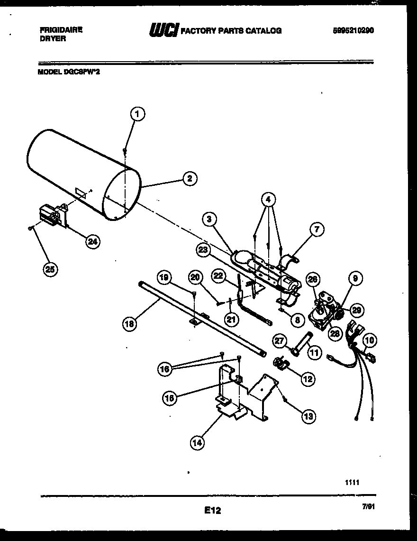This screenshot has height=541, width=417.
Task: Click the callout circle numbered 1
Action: coord(137,114)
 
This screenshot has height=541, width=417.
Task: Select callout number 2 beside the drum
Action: coord(189,179)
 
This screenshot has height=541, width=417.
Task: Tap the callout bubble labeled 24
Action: coord(92,241)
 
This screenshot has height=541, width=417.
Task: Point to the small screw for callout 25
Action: coord(30,228)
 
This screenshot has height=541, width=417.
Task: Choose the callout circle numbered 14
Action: coord(198,443)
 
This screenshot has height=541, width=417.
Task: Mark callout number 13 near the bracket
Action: coord(308,416)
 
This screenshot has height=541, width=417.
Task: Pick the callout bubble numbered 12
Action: coord(308,378)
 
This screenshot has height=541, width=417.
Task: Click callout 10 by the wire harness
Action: coord(370,340)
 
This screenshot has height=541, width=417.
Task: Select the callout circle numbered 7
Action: coord(317,230)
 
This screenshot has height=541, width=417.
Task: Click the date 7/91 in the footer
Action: coord(368,507)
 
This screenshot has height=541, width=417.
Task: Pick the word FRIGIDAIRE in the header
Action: coord(61,29)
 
